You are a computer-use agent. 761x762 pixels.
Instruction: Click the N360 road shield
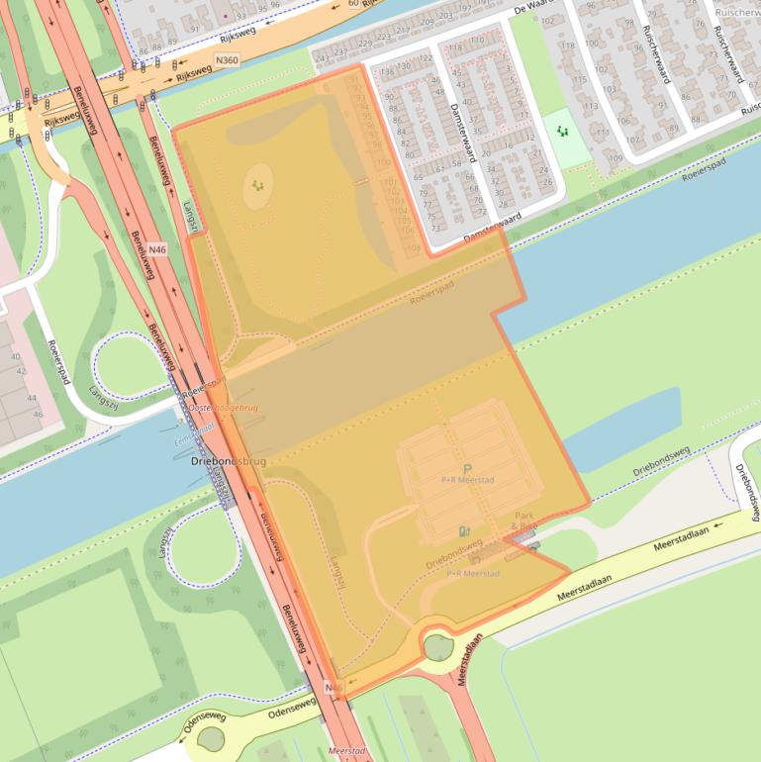pyautogui.click(x=226, y=58)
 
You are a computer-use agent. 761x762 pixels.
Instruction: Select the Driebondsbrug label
pyautogui.click(x=228, y=461)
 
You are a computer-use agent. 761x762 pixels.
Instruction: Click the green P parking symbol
pyautogui.click(x=468, y=469)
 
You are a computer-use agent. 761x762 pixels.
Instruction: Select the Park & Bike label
pyautogui.click(x=524, y=522)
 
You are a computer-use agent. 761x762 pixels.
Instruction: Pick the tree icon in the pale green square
pyautogui.click(x=563, y=132)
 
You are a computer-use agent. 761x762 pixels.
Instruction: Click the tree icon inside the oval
pyautogui.click(x=258, y=185)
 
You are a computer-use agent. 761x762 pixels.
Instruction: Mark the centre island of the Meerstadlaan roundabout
pyautogui.click(x=438, y=647)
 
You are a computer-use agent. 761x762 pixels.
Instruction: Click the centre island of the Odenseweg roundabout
pyautogui.click(x=210, y=738)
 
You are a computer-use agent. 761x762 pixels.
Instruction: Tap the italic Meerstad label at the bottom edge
pyautogui.click(x=346, y=752)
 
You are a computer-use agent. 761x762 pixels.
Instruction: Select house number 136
pyautogui.click(x=388, y=72)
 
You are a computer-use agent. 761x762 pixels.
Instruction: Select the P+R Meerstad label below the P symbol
pyautogui.click(x=467, y=481)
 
